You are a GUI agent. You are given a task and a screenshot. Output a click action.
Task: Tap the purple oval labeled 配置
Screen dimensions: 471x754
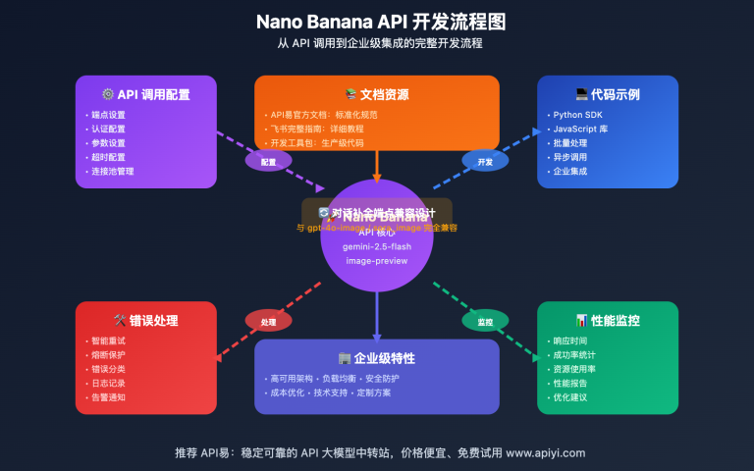(x=268, y=161)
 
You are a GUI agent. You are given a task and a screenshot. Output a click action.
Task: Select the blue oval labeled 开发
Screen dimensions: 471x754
(x=485, y=161)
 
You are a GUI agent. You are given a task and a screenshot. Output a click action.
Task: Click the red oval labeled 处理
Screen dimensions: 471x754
(x=268, y=321)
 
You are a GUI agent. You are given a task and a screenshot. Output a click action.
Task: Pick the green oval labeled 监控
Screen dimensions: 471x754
(x=485, y=321)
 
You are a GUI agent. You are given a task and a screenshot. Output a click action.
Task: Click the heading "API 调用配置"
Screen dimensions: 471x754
(x=146, y=95)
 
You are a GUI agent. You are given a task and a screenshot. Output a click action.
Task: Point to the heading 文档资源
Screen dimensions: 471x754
(x=377, y=95)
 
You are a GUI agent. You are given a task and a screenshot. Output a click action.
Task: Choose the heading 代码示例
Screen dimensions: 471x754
(x=608, y=95)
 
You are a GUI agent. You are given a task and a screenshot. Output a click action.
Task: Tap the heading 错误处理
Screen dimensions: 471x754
(x=146, y=320)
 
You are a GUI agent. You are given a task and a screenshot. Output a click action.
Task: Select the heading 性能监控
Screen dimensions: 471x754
(x=608, y=320)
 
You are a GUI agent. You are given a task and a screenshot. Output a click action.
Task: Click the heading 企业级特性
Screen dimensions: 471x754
(x=377, y=358)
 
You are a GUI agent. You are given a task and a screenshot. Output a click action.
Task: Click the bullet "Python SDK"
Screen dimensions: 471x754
(x=579, y=115)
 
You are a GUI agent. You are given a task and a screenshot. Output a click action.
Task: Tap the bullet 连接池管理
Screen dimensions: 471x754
(x=113, y=171)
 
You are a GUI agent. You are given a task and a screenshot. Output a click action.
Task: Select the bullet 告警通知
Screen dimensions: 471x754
(x=109, y=397)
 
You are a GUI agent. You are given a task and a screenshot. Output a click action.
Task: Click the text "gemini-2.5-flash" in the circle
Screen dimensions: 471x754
(x=377, y=246)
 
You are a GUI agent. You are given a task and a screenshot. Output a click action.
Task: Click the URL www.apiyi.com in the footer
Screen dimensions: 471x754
(x=546, y=452)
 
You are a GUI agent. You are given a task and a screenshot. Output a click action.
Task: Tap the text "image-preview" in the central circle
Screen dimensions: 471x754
(x=377, y=261)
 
